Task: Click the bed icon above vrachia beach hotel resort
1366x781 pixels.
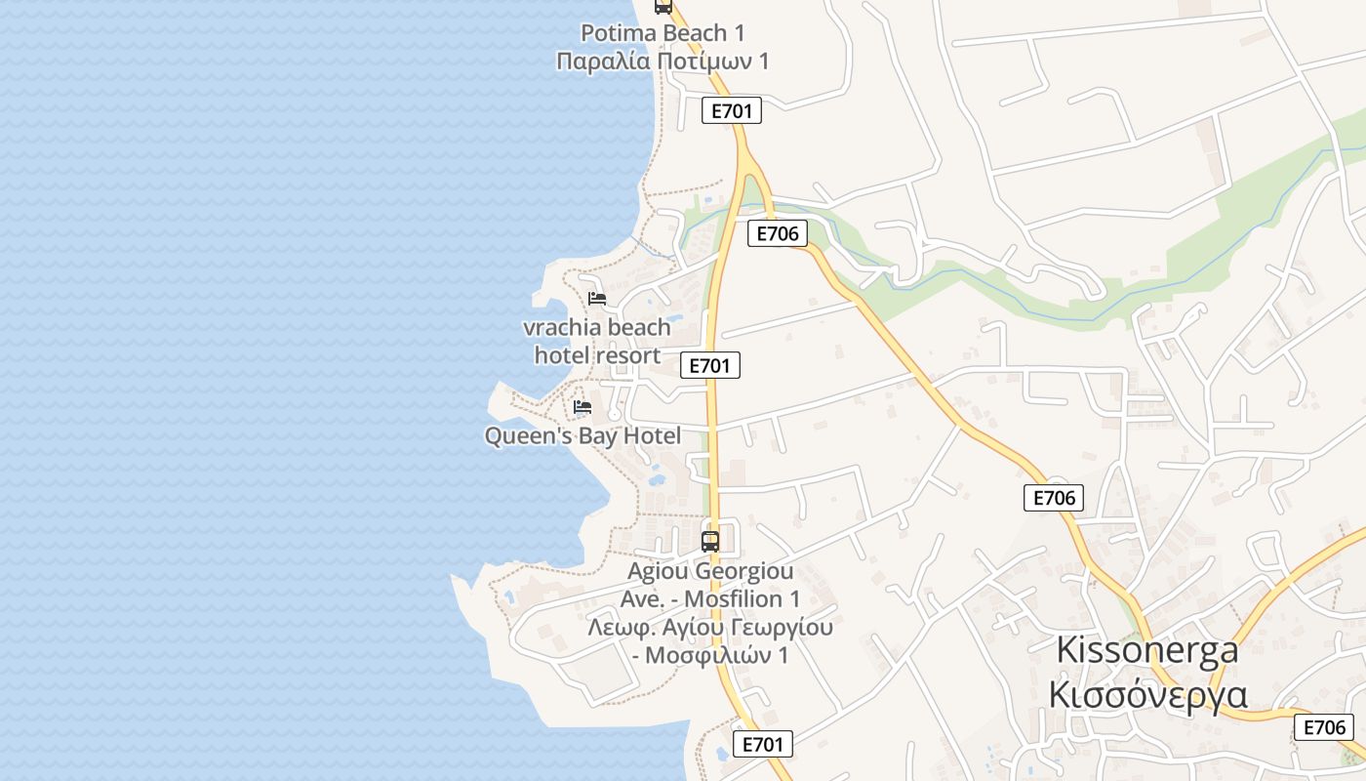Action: (597, 298)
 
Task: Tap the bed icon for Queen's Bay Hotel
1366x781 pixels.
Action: (583, 406)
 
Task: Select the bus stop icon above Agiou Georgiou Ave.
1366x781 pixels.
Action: (710, 541)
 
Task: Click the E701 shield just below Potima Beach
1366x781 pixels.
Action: (732, 111)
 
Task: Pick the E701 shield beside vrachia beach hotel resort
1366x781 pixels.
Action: (709, 365)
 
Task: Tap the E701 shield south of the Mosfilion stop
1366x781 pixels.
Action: (762, 744)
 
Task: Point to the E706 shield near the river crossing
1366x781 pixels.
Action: (778, 233)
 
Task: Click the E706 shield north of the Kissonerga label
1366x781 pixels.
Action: (1054, 498)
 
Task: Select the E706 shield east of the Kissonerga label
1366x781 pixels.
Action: (1324, 727)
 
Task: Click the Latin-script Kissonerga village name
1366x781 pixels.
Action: (1147, 650)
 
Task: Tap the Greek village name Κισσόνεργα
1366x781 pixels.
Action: (1147, 694)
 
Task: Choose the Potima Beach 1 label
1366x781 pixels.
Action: (663, 33)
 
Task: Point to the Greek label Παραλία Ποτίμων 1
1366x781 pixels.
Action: (663, 62)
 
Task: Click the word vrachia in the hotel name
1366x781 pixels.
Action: (563, 327)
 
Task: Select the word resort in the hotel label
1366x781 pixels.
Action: (629, 355)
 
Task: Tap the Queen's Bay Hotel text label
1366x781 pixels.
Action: (583, 435)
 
